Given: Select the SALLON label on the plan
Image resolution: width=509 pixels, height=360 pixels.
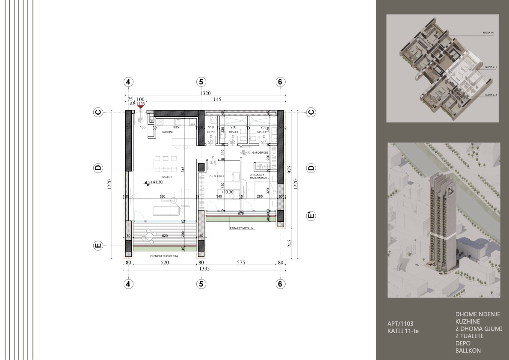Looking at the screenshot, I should [167, 176].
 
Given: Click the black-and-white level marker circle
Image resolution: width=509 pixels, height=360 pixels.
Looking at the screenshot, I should [147, 183].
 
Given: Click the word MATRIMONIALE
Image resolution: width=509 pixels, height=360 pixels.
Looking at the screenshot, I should [260, 178].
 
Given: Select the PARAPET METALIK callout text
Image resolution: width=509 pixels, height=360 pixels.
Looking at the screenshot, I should [242, 229].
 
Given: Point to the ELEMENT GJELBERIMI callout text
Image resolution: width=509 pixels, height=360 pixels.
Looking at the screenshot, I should [164, 256].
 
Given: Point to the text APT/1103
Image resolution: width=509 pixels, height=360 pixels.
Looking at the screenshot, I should [400, 324].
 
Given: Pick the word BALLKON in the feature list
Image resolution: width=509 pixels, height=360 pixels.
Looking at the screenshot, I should [468, 351].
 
